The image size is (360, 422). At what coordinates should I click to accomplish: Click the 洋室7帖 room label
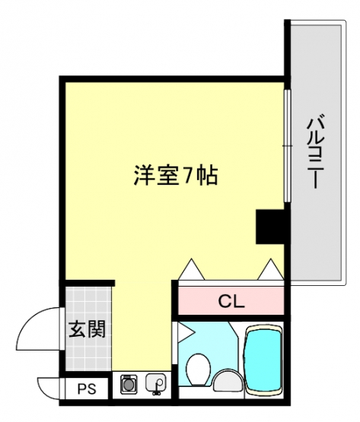pyautogui.click(x=175, y=176)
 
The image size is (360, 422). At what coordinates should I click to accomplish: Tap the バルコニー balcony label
pyautogui.click(x=316, y=151)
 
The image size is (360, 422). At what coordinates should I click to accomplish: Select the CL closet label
pyautogui.click(x=231, y=301)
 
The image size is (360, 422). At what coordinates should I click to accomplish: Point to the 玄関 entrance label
pyautogui.click(x=87, y=328)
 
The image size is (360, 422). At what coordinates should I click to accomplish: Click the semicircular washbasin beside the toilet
pyautogui.click(x=228, y=380)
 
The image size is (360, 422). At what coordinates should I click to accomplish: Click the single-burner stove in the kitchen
pyautogui.click(x=128, y=384)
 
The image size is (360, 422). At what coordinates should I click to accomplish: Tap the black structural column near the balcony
pyautogui.click(x=269, y=227)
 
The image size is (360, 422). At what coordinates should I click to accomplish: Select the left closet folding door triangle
pyautogui.click(x=192, y=269)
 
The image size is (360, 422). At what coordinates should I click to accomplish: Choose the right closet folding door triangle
pyautogui.click(x=271, y=269)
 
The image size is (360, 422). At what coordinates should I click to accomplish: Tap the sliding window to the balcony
pyautogui.click(x=288, y=145)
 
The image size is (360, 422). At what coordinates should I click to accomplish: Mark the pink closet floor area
pyautogui.click(x=231, y=300)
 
